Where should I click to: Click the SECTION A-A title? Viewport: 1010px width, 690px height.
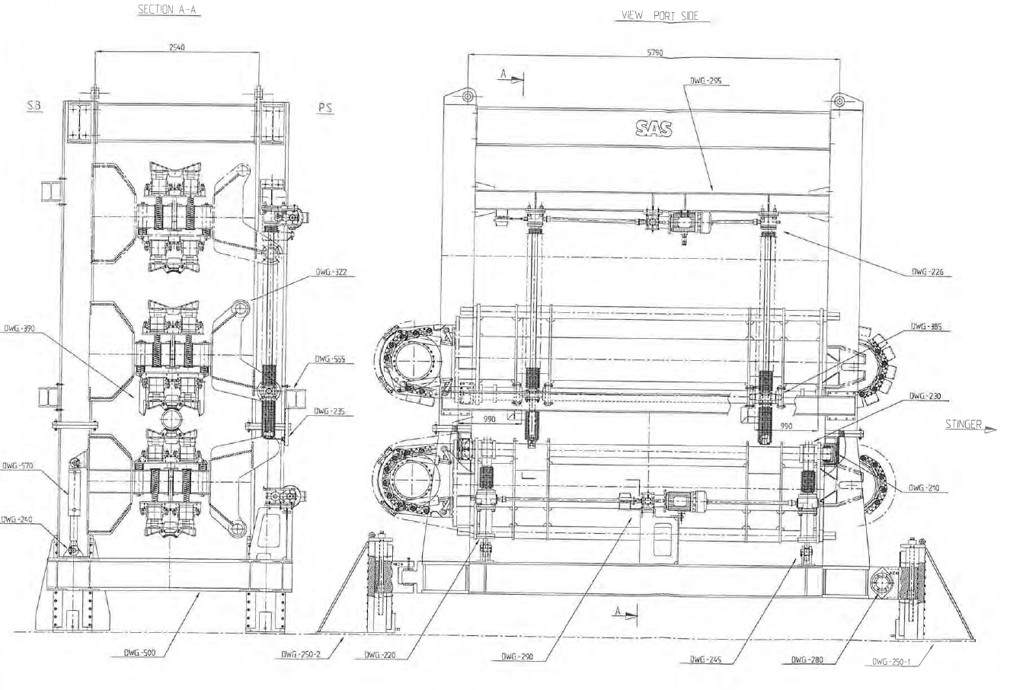(x=168, y=11)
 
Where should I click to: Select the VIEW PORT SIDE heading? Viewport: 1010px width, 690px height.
(x=660, y=16)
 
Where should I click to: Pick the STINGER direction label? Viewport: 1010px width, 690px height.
(x=964, y=425)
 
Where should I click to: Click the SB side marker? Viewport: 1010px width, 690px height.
(x=34, y=107)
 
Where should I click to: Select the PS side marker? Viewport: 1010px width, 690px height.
(x=325, y=108)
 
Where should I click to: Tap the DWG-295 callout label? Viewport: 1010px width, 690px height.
(x=705, y=79)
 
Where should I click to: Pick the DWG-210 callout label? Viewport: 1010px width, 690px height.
(x=926, y=488)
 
